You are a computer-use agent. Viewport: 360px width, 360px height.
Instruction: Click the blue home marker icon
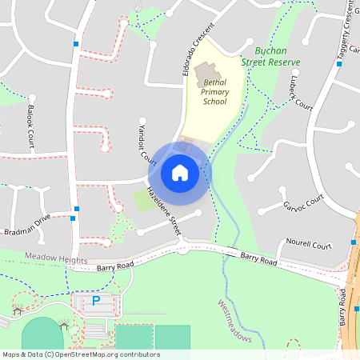180,172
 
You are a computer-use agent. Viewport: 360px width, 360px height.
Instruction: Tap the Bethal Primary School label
215,91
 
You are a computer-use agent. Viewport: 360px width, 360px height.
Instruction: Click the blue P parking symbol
96,301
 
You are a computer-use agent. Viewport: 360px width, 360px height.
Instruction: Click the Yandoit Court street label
147,147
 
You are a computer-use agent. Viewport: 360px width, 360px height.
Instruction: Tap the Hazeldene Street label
164,210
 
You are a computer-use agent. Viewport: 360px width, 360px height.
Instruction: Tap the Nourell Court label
309,246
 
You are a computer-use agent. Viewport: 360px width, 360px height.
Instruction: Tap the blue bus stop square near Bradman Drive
73,217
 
